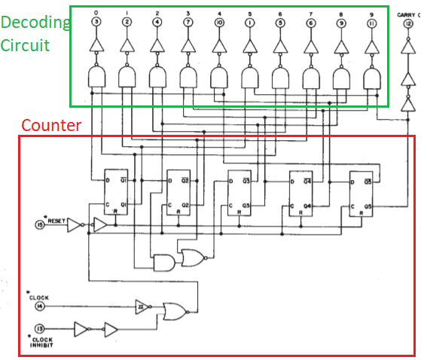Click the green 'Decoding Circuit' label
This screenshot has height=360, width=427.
35,34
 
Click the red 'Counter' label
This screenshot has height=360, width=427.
50,125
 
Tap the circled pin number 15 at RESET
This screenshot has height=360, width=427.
40,224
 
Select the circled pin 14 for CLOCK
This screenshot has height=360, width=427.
40,307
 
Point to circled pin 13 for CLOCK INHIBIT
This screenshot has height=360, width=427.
40,329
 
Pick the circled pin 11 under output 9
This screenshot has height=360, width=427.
372,22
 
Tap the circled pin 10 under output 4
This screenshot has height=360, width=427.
218,22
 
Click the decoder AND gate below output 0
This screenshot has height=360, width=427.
96,77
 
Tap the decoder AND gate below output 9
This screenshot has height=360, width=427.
373,77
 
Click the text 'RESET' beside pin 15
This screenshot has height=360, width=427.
57,221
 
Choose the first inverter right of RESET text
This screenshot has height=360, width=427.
75,224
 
